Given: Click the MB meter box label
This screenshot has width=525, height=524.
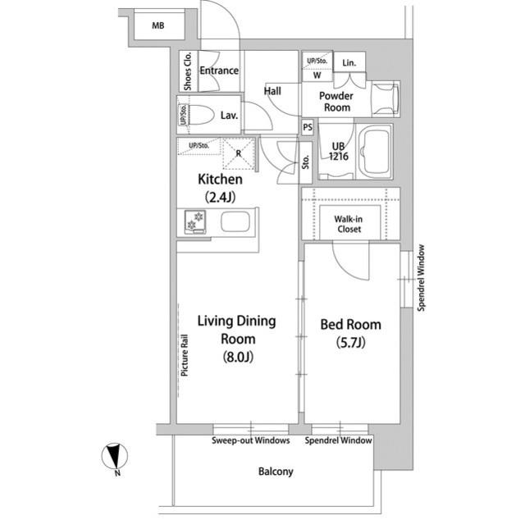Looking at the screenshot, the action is click(158, 25).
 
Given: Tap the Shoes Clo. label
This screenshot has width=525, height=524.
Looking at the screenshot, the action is click(188, 71).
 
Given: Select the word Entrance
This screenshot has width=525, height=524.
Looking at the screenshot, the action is click(219, 71).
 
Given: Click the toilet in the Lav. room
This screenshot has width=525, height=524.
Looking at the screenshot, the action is click(201, 115).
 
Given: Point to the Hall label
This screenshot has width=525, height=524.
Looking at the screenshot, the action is click(272, 91).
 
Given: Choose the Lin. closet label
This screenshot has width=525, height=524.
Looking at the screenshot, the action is click(349, 62).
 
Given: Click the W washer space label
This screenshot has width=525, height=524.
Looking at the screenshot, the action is click(317, 75).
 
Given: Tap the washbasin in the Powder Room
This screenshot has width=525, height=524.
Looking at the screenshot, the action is click(386, 99).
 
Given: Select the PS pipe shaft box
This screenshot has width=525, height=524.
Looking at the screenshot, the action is click(308, 127).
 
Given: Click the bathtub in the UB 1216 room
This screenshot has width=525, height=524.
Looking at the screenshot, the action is click(375, 151).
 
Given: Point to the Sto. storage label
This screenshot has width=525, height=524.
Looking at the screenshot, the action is click(305, 162).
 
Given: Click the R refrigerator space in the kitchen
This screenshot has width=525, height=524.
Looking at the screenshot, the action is click(239, 153).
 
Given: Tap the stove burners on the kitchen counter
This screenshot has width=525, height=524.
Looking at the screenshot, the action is click(194, 221).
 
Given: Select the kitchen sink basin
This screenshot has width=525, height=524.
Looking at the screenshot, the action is click(235, 221).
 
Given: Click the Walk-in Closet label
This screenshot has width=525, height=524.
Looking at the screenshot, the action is click(349, 224).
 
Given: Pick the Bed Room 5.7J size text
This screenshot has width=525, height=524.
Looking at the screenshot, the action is click(350, 343).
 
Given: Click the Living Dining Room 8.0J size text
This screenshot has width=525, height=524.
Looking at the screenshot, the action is click(238, 358).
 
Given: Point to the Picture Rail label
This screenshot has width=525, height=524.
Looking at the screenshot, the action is click(184, 356).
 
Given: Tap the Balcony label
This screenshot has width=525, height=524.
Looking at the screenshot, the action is click(276, 472).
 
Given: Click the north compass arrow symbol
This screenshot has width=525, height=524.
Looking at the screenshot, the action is click(115, 456).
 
